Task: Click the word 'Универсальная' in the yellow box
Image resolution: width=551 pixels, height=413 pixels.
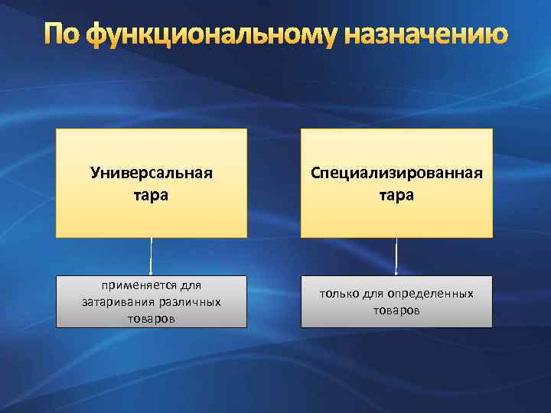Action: click(x=151, y=172)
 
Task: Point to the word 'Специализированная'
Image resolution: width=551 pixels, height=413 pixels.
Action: click(x=396, y=172)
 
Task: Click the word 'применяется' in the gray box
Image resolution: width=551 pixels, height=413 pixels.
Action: click(x=139, y=286)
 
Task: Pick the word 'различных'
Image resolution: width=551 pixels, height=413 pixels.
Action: click(x=187, y=302)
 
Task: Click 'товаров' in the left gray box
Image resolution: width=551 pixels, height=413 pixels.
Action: click(x=152, y=318)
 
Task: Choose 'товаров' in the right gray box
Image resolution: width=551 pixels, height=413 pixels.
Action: click(x=396, y=310)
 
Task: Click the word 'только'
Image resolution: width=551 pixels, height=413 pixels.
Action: click(x=338, y=294)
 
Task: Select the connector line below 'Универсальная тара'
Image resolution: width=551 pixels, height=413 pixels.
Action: click(x=152, y=256)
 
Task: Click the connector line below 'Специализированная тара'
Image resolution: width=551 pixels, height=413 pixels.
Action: click(x=396, y=256)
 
